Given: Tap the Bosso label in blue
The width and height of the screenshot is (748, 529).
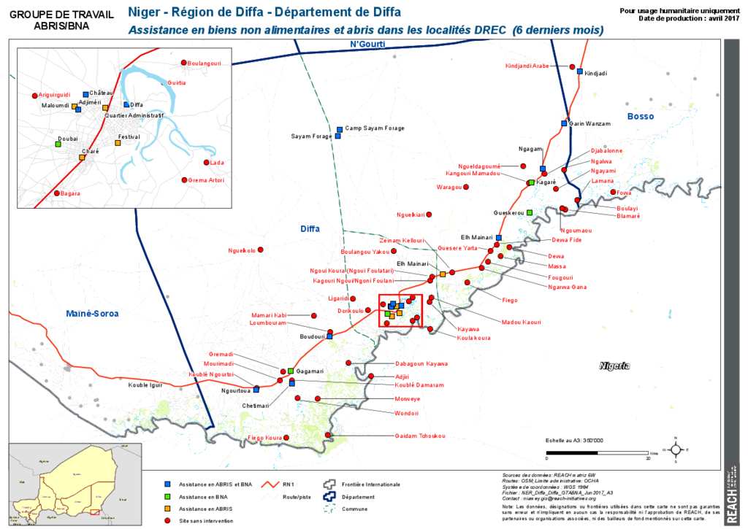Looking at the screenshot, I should click(641, 116).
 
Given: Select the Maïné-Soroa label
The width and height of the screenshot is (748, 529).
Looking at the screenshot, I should click(91, 313).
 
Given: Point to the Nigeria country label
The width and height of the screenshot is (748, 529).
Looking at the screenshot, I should click(614, 366).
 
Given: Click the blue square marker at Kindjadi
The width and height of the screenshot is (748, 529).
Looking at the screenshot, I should click(579, 72).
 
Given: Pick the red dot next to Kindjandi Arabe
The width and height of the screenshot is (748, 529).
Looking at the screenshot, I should click(573, 66).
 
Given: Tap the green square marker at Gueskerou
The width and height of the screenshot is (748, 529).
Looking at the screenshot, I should click(530, 212).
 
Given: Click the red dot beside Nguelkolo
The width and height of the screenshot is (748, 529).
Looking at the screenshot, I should click(261, 250).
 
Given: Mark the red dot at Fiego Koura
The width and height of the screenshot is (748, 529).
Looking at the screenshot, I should click(288, 438).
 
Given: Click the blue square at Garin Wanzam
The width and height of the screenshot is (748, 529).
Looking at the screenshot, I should click(564, 123).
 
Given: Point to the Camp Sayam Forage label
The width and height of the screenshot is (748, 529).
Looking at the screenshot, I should click(374, 128).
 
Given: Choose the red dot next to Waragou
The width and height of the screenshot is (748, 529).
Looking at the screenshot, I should click(467, 188).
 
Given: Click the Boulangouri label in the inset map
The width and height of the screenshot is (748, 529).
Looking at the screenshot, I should click(204, 63).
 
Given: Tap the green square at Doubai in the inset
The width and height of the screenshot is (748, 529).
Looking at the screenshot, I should click(58, 144).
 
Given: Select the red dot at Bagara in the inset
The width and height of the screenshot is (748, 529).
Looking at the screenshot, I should click(56, 193).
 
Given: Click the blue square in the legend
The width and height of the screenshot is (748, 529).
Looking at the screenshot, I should click(167, 484).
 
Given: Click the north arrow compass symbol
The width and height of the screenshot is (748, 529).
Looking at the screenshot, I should click(676, 450).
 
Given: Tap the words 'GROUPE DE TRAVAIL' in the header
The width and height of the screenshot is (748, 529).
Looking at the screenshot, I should click(62, 13).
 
